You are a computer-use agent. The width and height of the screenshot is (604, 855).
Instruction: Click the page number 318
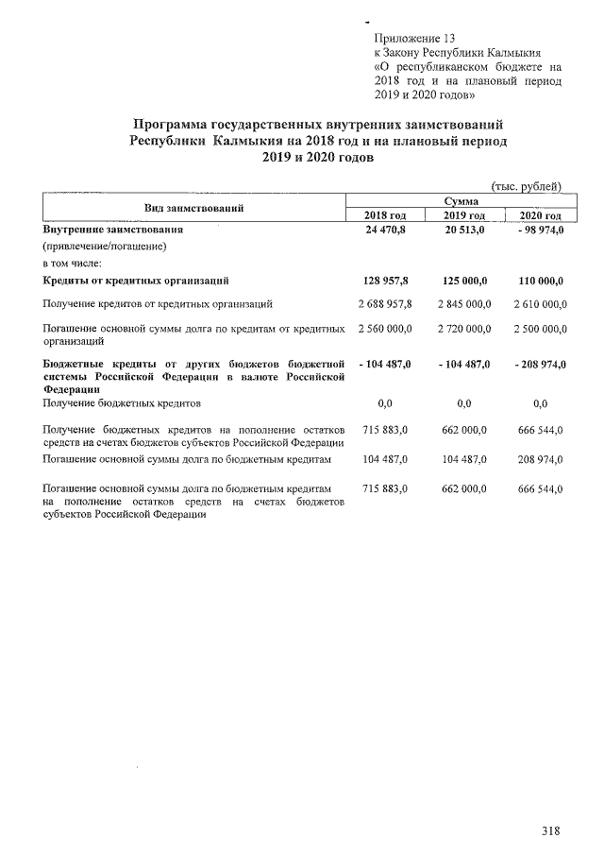coord(551,831)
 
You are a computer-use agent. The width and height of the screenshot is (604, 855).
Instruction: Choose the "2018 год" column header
coord(384,216)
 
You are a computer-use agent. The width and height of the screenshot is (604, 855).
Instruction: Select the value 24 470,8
coord(385,231)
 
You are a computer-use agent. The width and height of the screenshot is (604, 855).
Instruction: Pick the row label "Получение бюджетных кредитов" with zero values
coord(122,403)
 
